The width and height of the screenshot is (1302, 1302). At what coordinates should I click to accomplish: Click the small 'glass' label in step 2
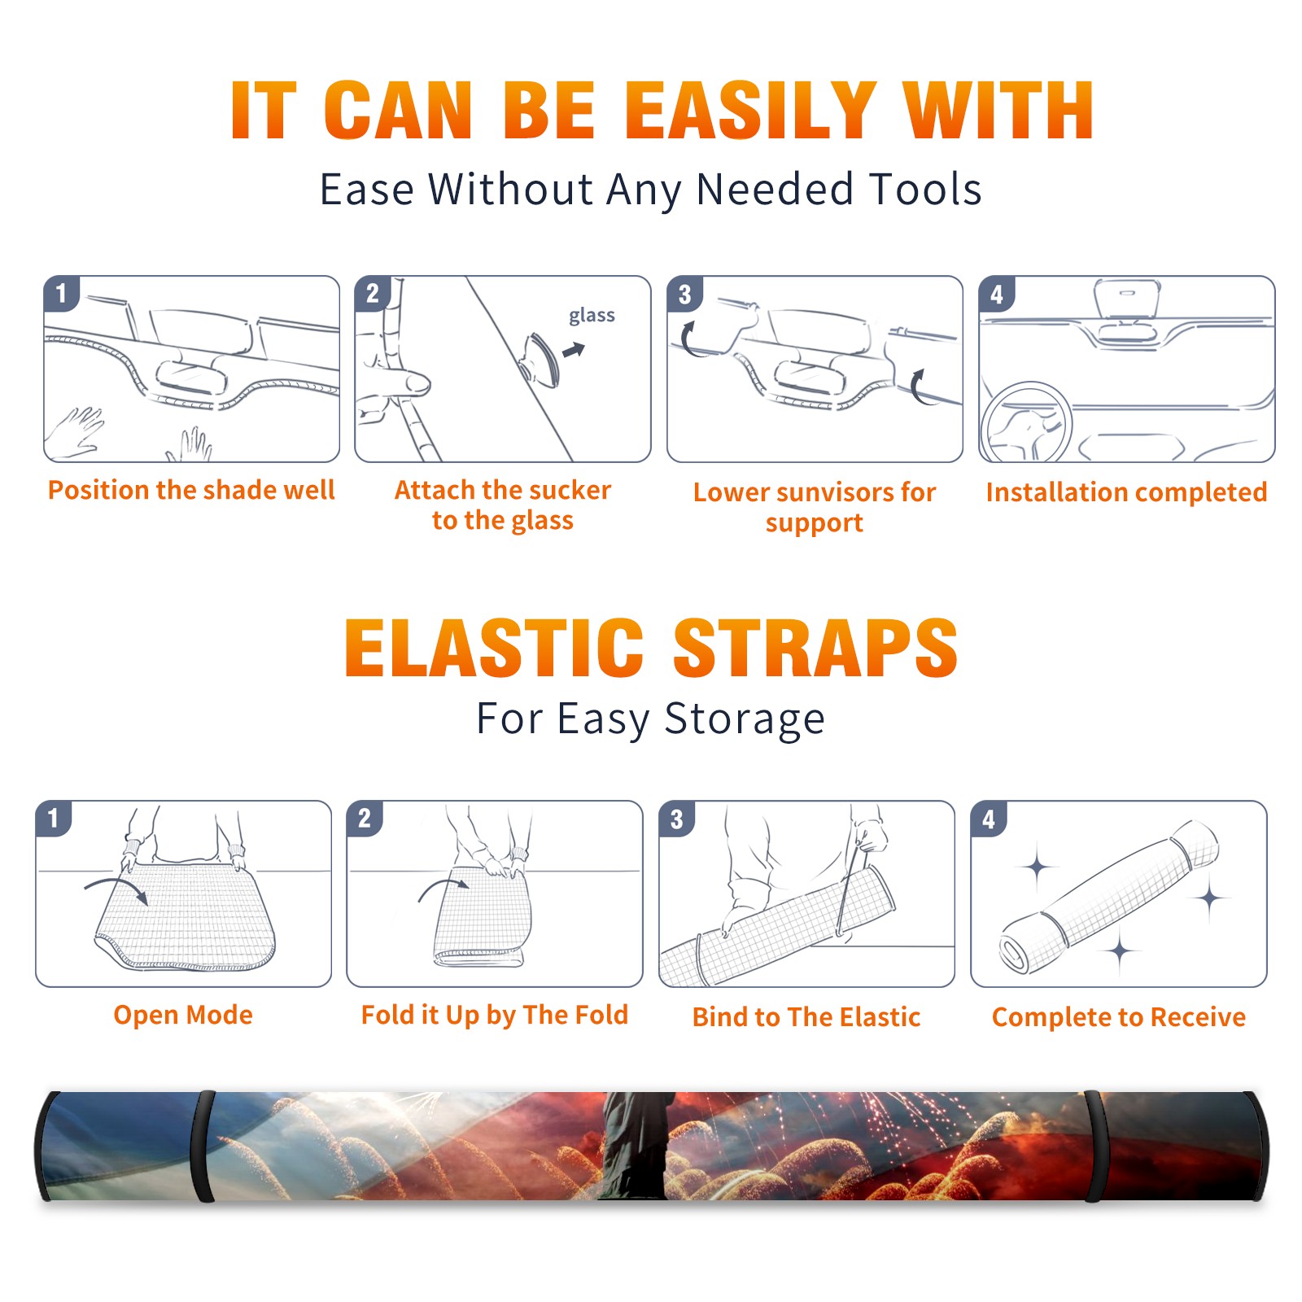(592, 316)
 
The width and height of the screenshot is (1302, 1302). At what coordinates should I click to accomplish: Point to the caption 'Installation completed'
(1126, 492)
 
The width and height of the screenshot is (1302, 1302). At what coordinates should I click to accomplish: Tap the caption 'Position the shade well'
(191, 490)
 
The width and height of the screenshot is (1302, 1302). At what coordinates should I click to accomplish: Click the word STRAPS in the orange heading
(815, 648)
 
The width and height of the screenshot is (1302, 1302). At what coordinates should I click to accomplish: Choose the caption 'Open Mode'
(183, 1015)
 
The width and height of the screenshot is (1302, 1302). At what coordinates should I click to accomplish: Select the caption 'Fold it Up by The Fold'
(495, 1015)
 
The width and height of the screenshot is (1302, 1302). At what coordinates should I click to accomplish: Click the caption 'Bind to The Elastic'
(806, 1017)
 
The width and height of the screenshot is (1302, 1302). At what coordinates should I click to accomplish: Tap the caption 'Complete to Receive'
(1119, 1017)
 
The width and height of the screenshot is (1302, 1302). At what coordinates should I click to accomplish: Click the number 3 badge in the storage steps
(677, 819)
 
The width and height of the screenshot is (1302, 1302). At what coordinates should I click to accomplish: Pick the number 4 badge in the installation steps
(997, 294)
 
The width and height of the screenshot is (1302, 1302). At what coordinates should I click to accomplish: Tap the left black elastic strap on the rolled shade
(203, 1147)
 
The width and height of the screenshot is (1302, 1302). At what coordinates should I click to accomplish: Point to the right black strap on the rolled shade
(1094, 1147)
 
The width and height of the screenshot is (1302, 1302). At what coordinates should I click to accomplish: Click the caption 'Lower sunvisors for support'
(815, 507)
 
